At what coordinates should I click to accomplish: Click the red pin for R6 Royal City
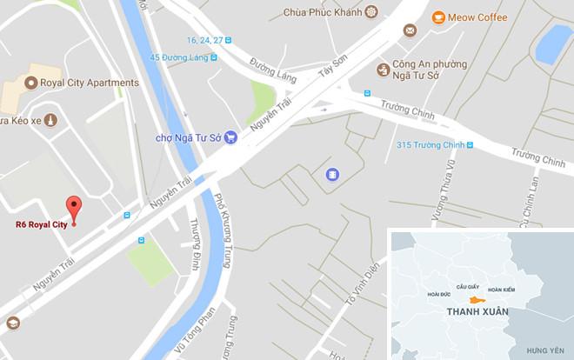pos(74,208)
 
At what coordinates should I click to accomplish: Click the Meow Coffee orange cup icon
pos(438,17)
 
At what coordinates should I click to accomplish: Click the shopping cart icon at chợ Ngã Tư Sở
pos(230,137)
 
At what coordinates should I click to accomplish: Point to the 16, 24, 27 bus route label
pos(210,40)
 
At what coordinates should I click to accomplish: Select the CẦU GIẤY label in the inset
pos(463,285)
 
